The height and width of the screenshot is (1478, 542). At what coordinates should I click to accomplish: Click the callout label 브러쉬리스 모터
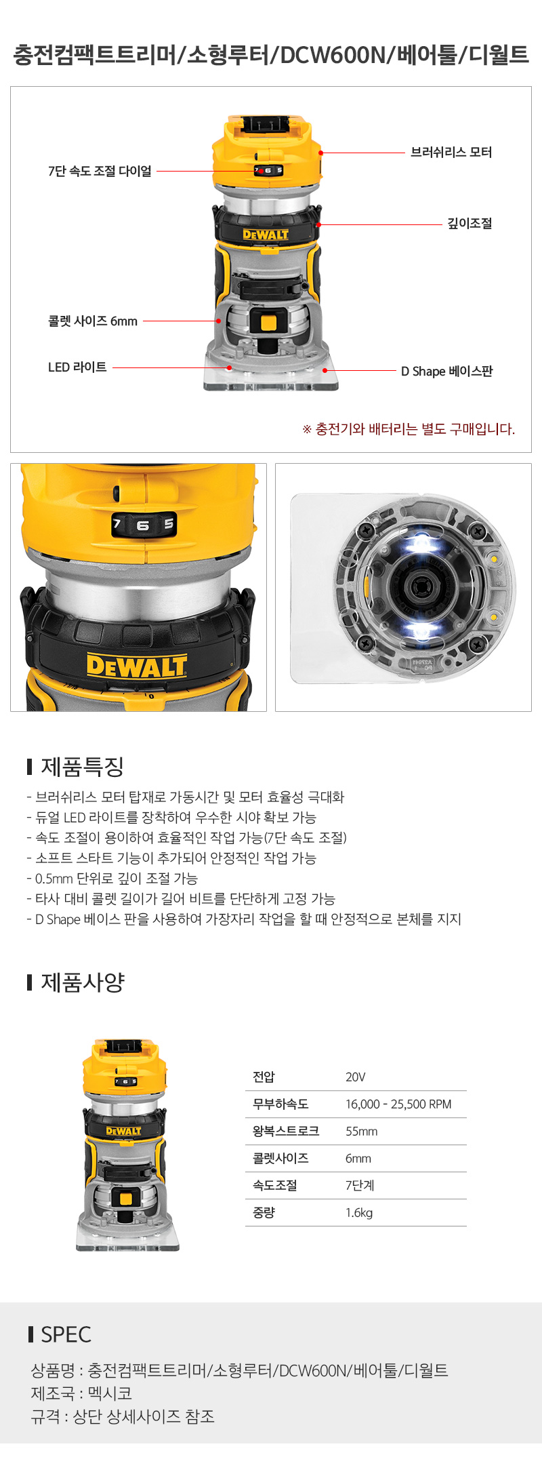[451, 153]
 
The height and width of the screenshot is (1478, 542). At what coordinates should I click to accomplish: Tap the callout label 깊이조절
[470, 224]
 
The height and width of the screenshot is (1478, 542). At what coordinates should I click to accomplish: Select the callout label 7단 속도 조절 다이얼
[100, 172]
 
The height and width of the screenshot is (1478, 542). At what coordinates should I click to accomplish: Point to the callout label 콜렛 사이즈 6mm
[93, 321]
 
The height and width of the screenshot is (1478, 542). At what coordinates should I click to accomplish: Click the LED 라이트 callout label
[77, 367]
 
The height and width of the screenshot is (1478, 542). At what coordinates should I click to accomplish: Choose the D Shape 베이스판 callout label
[446, 371]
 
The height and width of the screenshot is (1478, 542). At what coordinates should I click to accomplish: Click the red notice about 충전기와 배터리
[409, 429]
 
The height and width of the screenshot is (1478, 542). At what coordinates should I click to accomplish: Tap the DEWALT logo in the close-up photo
[137, 666]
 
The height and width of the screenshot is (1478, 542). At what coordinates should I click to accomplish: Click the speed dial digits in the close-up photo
[144, 524]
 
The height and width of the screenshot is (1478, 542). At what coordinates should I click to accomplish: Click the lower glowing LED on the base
[419, 631]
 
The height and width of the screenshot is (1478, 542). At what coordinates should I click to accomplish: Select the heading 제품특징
[82, 767]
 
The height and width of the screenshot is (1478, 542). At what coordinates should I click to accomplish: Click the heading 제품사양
[83, 982]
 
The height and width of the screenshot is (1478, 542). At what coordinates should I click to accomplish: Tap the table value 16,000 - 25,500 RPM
[398, 1104]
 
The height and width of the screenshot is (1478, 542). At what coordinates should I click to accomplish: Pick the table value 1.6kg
[359, 1213]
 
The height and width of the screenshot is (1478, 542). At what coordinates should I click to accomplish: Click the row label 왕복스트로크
[286, 1131]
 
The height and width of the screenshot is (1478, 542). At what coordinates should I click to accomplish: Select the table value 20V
[356, 1077]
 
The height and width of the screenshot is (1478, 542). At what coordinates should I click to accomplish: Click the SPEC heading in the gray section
[66, 1334]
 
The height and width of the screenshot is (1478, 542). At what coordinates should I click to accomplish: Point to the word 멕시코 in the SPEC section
[110, 1393]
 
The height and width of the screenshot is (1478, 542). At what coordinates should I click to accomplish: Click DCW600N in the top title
[333, 55]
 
